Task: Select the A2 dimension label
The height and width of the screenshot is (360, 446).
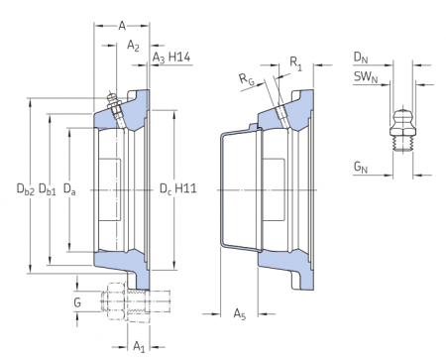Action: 134,46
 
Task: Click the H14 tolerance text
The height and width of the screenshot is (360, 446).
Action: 179,59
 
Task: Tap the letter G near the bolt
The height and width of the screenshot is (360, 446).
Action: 77,300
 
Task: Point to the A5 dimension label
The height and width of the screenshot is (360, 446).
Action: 239,314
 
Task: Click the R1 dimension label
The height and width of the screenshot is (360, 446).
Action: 297,63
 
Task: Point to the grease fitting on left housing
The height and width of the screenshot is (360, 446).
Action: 115,106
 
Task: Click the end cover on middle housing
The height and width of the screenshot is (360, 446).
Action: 230,188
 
